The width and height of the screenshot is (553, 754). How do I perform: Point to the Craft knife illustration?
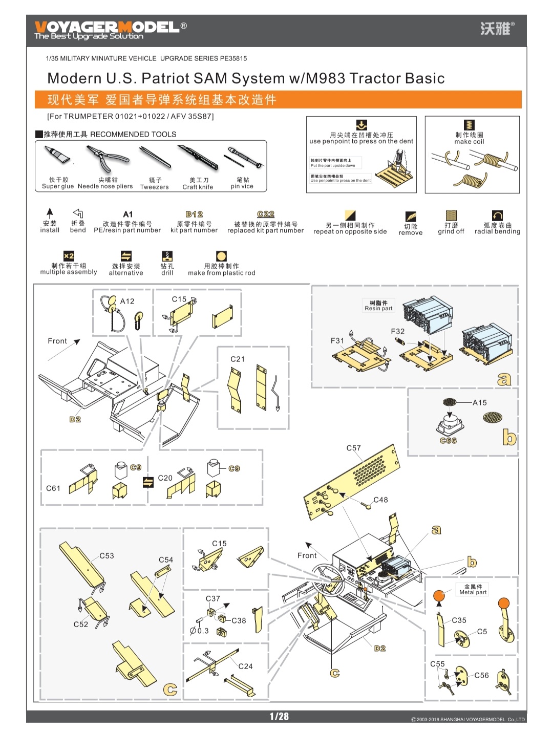[198, 158]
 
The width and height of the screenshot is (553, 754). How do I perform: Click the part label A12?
[127, 301]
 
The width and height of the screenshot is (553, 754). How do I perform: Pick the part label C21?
[238, 359]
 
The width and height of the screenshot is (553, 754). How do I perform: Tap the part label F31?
[337, 340]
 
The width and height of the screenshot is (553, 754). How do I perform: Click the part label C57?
[353, 448]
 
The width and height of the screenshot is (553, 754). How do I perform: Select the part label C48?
[380, 500]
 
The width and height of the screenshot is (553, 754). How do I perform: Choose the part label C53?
[107, 555]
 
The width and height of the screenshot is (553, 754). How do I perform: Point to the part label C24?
[245, 666]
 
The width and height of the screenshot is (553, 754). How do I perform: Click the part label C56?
[481, 675]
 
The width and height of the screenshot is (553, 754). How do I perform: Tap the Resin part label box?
[378, 306]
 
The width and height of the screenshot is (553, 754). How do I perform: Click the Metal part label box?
[473, 589]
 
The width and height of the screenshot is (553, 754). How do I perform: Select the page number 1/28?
[279, 717]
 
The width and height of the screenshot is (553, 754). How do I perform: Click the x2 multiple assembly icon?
[69, 256]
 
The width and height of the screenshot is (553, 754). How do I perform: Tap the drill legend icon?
[167, 256]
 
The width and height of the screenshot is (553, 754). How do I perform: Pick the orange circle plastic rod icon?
[221, 256]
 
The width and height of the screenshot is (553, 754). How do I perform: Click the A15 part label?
[480, 402]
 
